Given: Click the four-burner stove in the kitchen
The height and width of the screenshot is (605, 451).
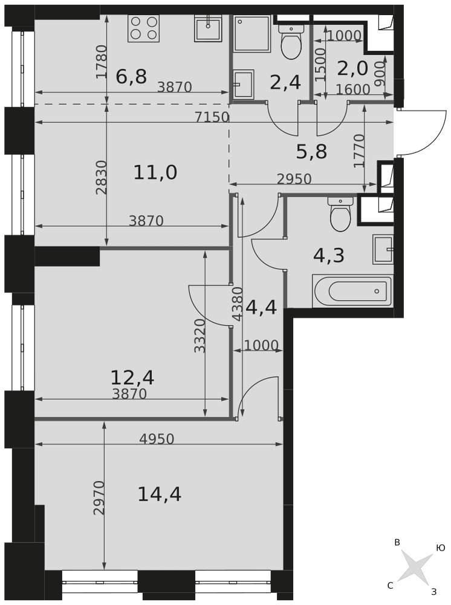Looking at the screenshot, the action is [143, 28].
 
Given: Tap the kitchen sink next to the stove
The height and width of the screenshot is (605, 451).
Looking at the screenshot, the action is [208, 28].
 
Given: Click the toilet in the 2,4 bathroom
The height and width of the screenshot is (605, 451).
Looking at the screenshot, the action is [292, 42].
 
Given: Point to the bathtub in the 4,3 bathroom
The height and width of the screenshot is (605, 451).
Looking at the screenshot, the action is [352, 292].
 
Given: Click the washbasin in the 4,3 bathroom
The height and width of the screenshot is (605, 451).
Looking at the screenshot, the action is [383, 249].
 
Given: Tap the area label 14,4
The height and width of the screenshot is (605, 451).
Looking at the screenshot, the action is [159, 494].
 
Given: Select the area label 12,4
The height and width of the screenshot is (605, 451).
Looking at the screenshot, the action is [132, 378].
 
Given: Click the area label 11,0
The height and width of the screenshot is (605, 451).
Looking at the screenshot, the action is [155, 172].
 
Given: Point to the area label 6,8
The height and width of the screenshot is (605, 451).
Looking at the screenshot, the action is [131, 76].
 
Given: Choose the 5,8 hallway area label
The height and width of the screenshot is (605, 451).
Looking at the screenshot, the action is [311, 152].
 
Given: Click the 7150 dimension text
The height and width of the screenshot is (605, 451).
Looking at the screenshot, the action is [212, 117].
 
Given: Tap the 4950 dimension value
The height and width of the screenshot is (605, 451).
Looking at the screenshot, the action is [157, 439].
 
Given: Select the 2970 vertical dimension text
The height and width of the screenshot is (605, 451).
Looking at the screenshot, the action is [100, 498].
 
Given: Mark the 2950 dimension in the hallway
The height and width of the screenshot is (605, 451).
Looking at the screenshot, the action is [294, 178].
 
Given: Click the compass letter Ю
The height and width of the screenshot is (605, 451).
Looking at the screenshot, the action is [440, 548].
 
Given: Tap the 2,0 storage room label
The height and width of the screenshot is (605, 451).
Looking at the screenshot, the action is [352, 68].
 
